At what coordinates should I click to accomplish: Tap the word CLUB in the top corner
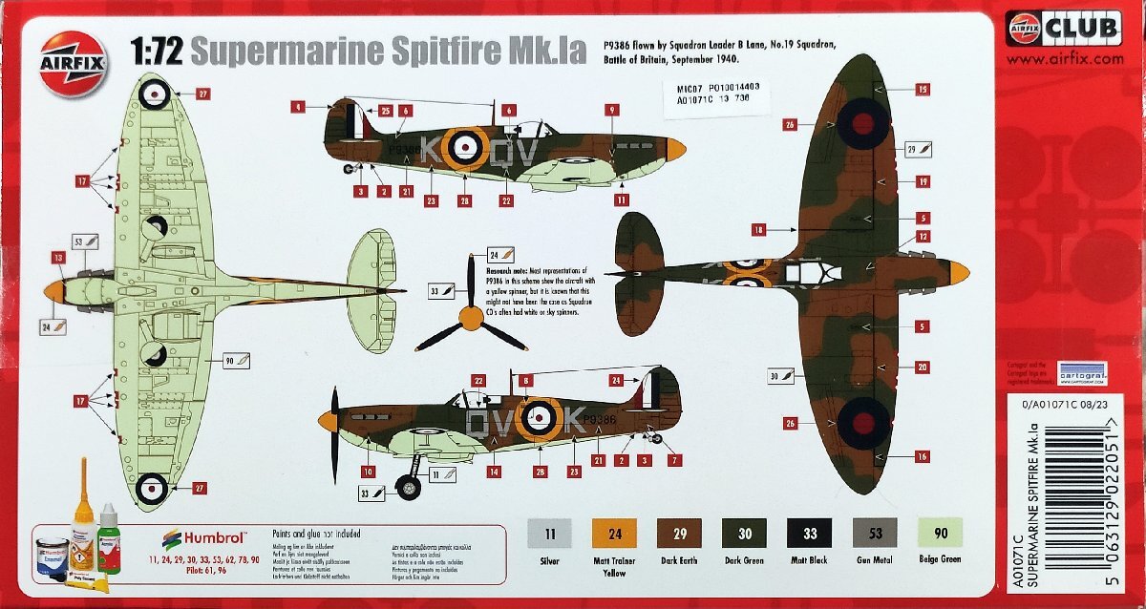coord(1084,28)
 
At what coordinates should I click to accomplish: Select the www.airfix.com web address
coord(1064,58)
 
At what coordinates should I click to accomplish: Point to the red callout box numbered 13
coord(58,257)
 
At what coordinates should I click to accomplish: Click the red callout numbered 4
coord(299,108)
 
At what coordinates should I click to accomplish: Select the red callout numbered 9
coord(612,111)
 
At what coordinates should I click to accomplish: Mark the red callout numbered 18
coord(758,230)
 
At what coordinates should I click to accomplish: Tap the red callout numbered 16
coord(922,456)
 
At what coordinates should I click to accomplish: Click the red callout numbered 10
coord(369,470)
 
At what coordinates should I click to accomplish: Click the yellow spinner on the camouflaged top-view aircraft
coord(958,274)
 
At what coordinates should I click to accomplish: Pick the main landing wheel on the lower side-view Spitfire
coord(409,489)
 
